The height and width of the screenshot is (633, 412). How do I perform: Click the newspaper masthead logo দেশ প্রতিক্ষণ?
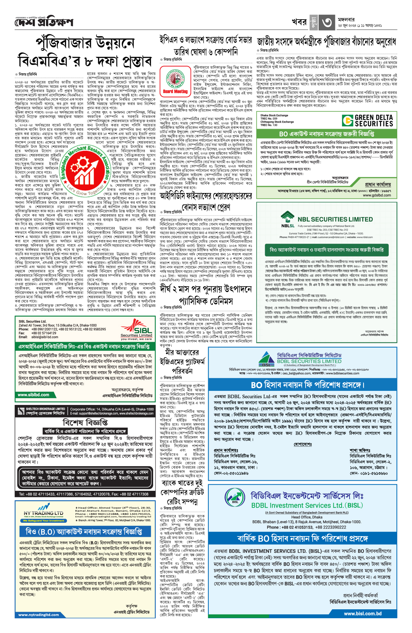44,22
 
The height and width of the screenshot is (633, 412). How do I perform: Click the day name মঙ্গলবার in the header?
346,20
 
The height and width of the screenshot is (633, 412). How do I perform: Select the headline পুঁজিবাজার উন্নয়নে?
85,44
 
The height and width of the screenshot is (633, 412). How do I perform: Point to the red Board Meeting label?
175,92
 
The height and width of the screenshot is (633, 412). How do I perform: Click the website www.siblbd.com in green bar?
33,395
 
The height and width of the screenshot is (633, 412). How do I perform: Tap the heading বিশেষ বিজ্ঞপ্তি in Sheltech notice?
85,422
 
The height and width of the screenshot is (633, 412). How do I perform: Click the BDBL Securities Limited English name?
309,361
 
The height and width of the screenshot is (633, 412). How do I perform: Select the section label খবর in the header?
299,22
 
